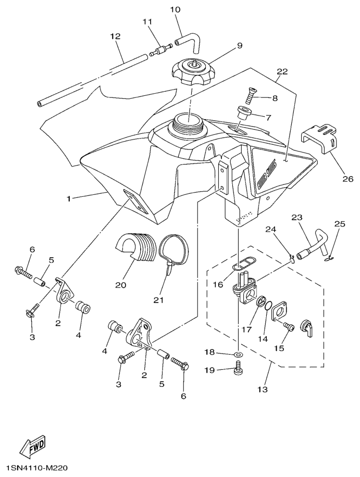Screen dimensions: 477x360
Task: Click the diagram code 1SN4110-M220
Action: tap(37, 468)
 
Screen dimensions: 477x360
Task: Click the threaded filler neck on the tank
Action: tap(189, 125)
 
